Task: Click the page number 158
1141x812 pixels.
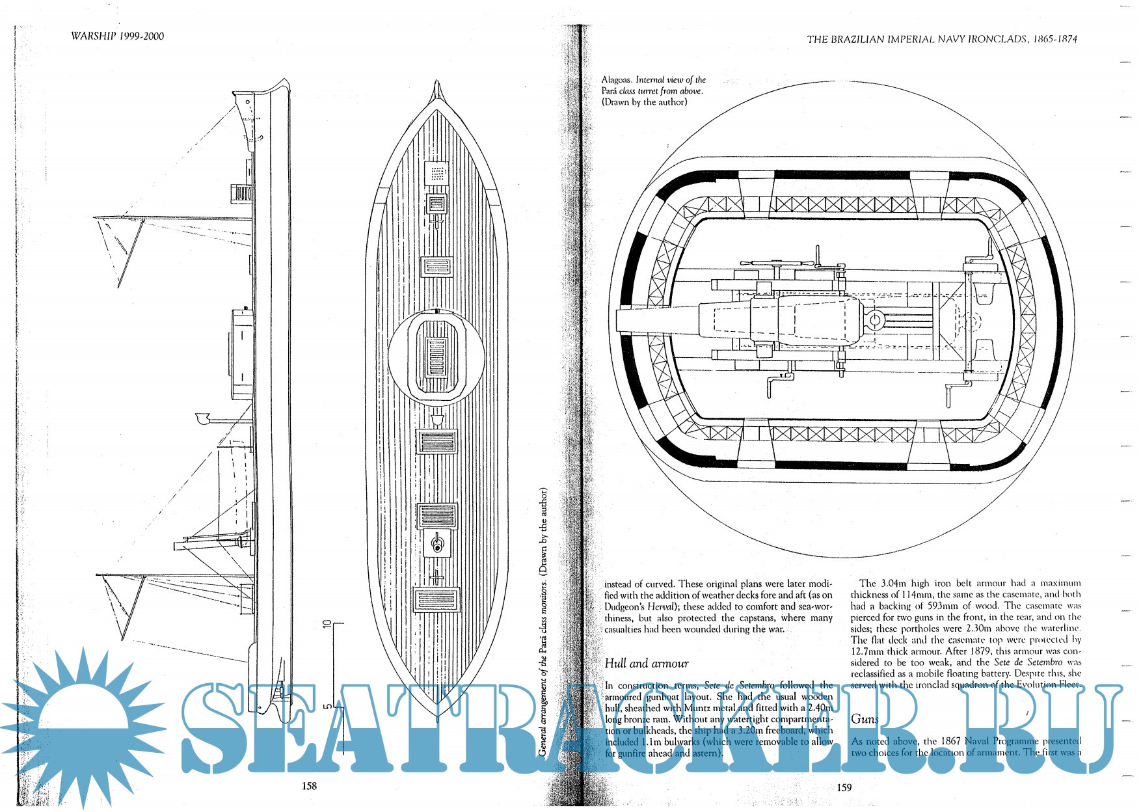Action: click(309, 786)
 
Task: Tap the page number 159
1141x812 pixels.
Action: click(844, 787)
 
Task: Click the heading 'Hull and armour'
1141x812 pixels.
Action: click(647, 664)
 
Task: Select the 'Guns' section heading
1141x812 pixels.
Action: click(865, 719)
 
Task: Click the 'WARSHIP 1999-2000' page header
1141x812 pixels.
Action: click(118, 36)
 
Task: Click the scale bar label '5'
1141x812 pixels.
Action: click(328, 705)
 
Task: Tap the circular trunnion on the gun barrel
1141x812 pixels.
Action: click(874, 320)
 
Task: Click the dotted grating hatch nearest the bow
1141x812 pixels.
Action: click(437, 173)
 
